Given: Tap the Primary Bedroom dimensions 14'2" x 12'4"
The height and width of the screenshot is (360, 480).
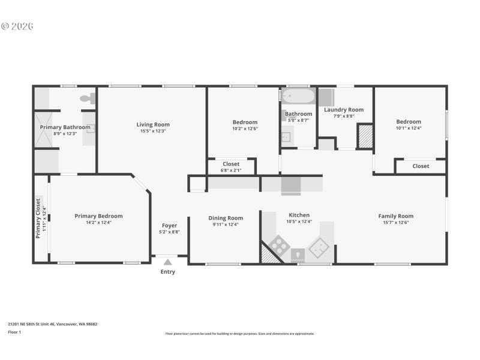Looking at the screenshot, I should [98, 223].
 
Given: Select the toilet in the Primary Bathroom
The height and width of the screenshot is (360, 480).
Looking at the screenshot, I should [86, 98].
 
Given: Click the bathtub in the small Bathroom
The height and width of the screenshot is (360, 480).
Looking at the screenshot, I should [298, 96].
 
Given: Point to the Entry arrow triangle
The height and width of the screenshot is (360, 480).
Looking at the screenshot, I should [168, 261].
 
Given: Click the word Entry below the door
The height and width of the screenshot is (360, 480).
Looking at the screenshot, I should [168, 272].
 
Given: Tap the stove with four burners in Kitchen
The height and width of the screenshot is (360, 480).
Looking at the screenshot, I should [278, 244].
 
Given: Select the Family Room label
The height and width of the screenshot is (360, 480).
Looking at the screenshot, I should [395, 216].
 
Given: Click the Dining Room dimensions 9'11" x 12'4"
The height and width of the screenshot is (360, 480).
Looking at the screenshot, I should [226, 224].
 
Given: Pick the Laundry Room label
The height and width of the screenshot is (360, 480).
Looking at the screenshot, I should [344, 110].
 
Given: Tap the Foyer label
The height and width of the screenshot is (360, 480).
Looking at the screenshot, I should [169, 226].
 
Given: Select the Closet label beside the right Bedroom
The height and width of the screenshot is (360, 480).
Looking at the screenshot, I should [421, 166].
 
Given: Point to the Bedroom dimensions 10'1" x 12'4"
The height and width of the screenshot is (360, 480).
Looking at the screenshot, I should [408, 128].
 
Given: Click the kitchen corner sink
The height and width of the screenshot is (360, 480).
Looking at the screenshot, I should [318, 245].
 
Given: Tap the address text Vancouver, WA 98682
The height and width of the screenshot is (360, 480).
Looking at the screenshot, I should [76, 324].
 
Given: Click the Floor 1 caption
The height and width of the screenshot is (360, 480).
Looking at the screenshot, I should [14, 332].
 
